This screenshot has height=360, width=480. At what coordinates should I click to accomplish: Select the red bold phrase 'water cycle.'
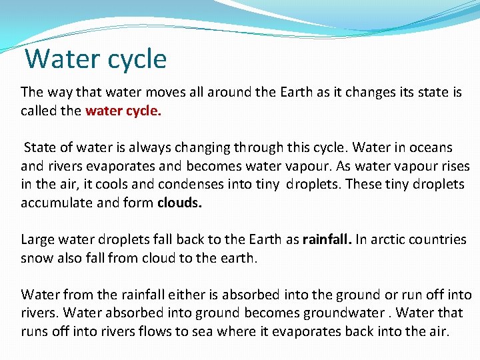pyautogui.click(x=123, y=111)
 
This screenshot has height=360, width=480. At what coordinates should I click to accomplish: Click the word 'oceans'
pyautogui.click(x=430, y=147)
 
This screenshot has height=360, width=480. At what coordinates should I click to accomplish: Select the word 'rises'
pyautogui.click(x=453, y=166)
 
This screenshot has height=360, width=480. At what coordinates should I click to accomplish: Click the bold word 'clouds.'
pyautogui.click(x=179, y=203)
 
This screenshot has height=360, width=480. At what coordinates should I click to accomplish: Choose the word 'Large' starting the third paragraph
pyautogui.click(x=37, y=239)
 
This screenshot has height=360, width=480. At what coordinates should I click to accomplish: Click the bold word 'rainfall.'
pyautogui.click(x=329, y=239)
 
